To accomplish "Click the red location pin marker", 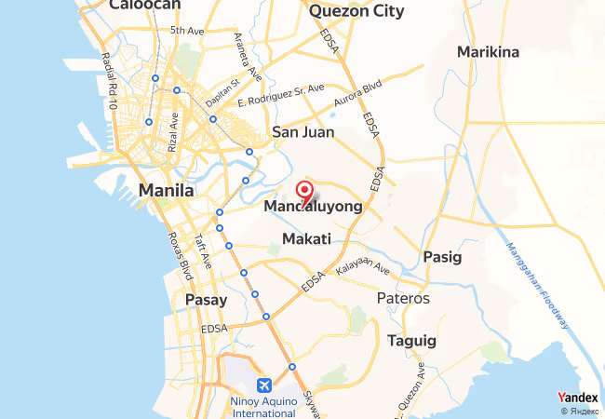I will [304, 193].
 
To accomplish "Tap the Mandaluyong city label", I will [313, 207].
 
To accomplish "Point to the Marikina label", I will [488, 52].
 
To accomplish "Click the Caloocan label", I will [144, 6].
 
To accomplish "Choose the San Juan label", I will [302, 132].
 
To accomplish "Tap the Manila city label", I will [166, 191].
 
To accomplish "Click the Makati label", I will [306, 239].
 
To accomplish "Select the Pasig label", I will [441, 256].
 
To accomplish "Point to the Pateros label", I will [404, 299].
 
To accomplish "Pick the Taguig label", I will [410, 341].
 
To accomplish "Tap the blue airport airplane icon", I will [264, 385].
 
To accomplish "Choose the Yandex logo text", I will [578, 398].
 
